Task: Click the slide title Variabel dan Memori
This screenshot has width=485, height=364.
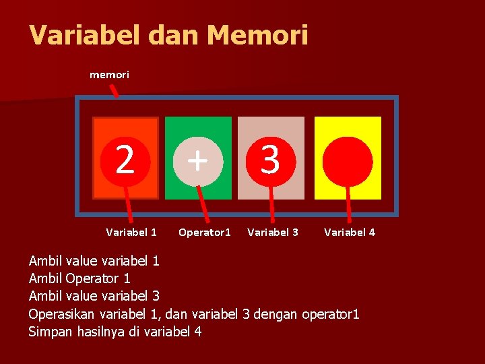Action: [x=168, y=35]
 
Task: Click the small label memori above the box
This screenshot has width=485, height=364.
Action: [x=109, y=75]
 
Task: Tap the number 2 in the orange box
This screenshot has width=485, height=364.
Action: [x=125, y=160]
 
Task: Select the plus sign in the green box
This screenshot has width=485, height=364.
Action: [x=197, y=160]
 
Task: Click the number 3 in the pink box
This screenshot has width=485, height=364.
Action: [x=270, y=160]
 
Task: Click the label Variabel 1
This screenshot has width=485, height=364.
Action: [x=131, y=233]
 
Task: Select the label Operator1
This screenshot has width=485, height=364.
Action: [x=204, y=233]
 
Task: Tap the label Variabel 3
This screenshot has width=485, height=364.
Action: [x=273, y=233]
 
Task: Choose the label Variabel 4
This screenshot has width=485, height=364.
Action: [x=350, y=233]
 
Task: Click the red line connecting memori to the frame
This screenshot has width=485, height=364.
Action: [x=115, y=90]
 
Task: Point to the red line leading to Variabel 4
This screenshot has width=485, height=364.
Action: [x=349, y=202]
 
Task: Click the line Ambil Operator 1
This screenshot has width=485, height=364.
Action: [x=79, y=278]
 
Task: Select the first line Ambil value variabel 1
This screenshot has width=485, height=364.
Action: [x=94, y=260]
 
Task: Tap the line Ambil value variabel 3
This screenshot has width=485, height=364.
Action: [x=94, y=296]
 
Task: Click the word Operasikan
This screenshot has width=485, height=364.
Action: [x=62, y=314]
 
